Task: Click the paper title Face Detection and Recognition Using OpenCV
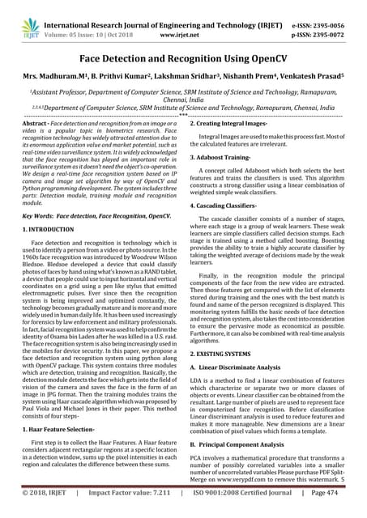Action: [x=183, y=59]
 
